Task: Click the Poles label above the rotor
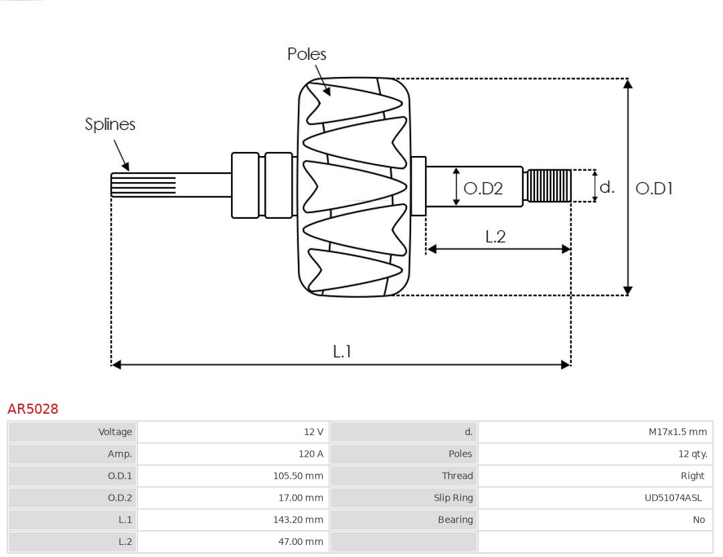pyautogui.click(x=307, y=54)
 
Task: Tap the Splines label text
pyautogui.click(x=110, y=125)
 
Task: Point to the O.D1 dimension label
pyautogui.click(x=653, y=189)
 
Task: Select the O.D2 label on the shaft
pyautogui.click(x=483, y=189)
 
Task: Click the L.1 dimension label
pyautogui.click(x=342, y=351)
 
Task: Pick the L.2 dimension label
pyautogui.click(x=495, y=236)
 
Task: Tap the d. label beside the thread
pyautogui.click(x=607, y=187)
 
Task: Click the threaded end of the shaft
pyautogui.click(x=549, y=185)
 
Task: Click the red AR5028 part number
pyautogui.click(x=33, y=409)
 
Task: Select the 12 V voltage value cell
pyautogui.click(x=233, y=432)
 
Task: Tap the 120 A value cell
pyautogui.click(x=233, y=454)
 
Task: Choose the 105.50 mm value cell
pyautogui.click(x=233, y=476)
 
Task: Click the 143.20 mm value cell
pyautogui.click(x=233, y=520)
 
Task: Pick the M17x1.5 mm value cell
pyautogui.click(x=595, y=432)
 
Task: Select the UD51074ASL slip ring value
pyautogui.click(x=595, y=497)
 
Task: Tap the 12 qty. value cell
pyautogui.click(x=595, y=454)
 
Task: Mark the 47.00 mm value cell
pyautogui.click(x=233, y=542)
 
